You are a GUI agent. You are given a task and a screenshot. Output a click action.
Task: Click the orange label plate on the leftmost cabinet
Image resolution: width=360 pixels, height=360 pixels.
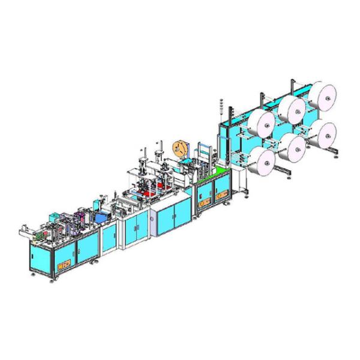(62, 263)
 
